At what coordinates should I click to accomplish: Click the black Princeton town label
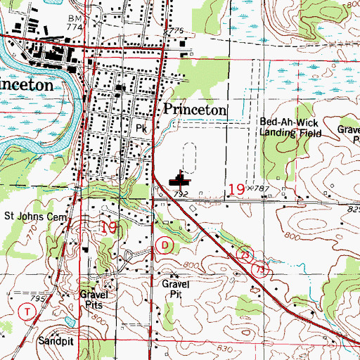pyautogui.click(x=195, y=110)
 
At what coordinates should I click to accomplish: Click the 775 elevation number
pyautogui.click(x=175, y=31)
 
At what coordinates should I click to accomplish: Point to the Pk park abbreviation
pyautogui.click(x=141, y=129)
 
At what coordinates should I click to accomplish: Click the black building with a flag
pyautogui.click(x=181, y=182)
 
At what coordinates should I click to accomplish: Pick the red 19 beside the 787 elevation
pyautogui.click(x=238, y=188)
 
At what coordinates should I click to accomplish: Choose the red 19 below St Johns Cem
pyautogui.click(x=110, y=226)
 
